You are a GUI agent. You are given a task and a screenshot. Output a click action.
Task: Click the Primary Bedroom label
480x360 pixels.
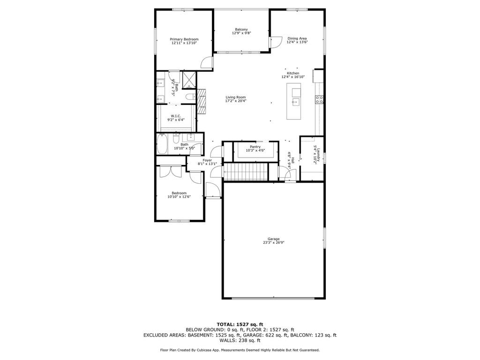pos(184,39)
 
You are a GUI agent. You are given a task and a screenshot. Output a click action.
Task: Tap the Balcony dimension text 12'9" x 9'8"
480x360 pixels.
pos(241,33)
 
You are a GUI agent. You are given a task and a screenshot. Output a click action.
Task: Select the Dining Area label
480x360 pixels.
pos(297,38)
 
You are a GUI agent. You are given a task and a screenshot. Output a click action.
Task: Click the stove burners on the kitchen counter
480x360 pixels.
pos(319,99)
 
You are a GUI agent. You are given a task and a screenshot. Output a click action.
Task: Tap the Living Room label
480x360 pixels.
pos(235,97)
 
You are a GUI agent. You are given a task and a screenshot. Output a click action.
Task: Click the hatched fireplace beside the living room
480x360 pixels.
pos(202,101)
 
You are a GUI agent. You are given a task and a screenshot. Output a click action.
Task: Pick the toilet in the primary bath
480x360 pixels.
pos(189,97)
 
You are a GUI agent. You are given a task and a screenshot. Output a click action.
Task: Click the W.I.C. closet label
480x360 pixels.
pos(176,116)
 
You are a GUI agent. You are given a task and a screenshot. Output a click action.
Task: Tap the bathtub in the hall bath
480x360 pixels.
pos(162,144)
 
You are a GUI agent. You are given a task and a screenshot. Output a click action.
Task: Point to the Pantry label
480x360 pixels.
pos(255,147)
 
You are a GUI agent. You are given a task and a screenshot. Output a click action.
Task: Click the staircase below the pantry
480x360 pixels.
pos(245,172)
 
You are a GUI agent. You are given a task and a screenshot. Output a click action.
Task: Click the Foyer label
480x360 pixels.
pos(207,160)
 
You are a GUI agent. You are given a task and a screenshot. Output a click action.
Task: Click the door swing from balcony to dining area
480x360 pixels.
pos(273,42)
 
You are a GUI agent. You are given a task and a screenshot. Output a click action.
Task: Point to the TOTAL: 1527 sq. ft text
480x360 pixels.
pos(240,324)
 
